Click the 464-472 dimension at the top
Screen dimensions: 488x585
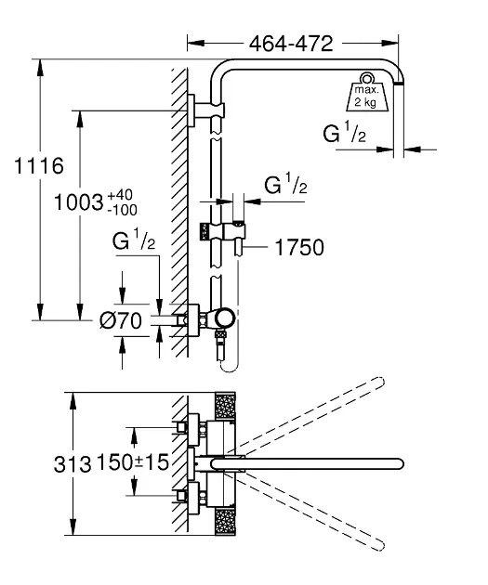[x=291, y=44]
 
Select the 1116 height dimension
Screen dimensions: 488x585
[x=39, y=165]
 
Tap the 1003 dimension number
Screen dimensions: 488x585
[x=78, y=202]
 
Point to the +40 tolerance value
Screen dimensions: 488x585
[x=120, y=195]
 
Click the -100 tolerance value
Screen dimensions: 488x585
[x=122, y=210]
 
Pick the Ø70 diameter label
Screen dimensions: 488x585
[x=121, y=320]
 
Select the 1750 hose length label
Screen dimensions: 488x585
[x=299, y=247]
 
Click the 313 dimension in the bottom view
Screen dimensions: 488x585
[x=73, y=464]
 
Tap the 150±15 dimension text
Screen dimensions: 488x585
[x=133, y=461]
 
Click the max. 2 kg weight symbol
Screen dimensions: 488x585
[x=367, y=92]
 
